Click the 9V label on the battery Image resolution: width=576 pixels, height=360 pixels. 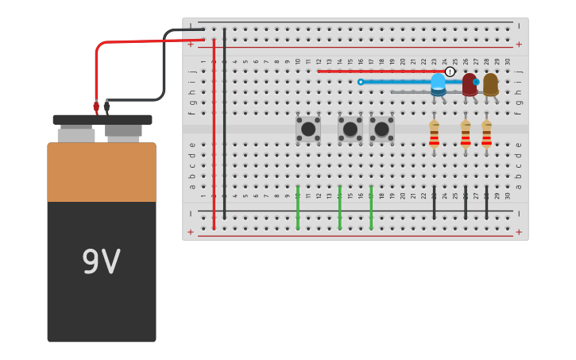(x=101, y=262)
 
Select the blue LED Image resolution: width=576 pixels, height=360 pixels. (x=438, y=83)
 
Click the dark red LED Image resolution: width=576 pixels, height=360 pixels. (x=470, y=83)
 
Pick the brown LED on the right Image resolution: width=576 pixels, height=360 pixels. (x=490, y=83)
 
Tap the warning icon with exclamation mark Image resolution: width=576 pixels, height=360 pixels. (x=450, y=72)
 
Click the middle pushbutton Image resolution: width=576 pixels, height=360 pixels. (x=350, y=129)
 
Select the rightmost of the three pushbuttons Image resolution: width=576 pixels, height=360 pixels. (x=381, y=129)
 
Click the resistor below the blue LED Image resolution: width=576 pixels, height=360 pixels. (x=434, y=134)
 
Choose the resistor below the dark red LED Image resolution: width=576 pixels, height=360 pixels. (x=466, y=134)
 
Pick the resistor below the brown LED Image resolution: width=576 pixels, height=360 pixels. (x=486, y=134)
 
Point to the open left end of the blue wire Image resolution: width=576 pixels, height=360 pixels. (x=361, y=82)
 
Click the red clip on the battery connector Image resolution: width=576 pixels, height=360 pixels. (x=96, y=106)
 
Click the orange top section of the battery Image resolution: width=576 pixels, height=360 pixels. (x=101, y=172)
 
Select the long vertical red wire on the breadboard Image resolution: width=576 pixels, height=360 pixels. (x=214, y=135)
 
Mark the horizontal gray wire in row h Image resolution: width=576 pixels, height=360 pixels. (x=413, y=92)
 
